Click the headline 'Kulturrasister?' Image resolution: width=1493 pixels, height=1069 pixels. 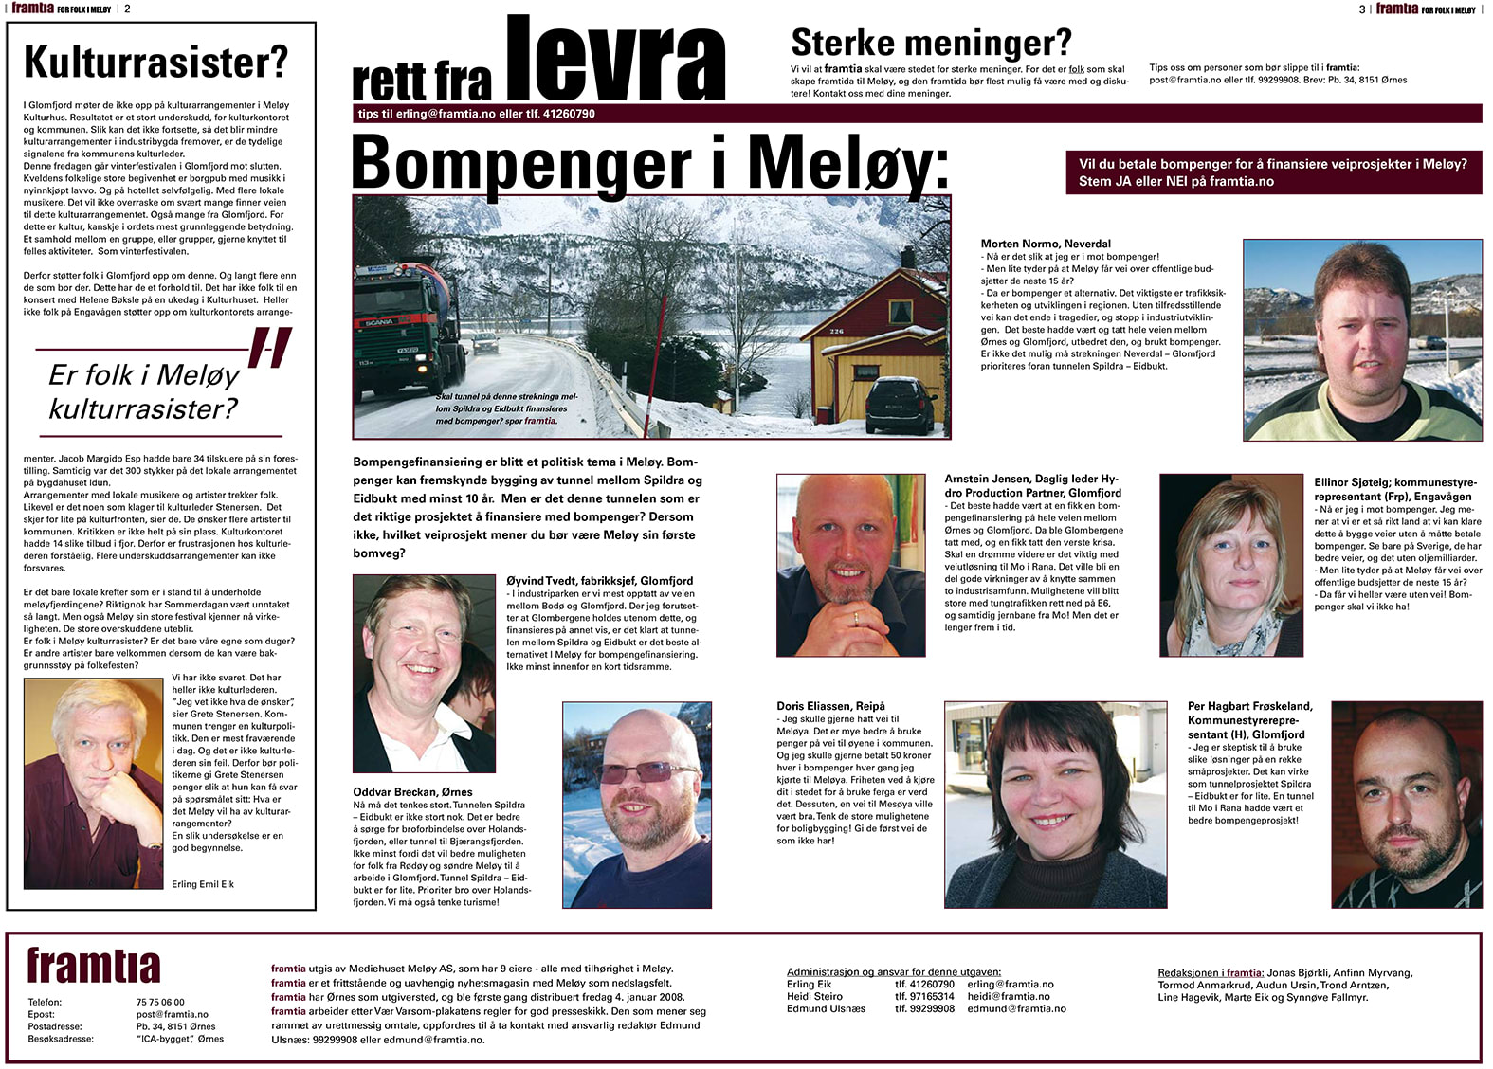pos(155,63)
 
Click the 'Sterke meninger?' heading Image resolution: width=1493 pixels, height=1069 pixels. pos(931,43)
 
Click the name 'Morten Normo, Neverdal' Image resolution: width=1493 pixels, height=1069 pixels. pos(1046,244)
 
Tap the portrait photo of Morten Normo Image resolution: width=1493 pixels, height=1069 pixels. pos(1362,340)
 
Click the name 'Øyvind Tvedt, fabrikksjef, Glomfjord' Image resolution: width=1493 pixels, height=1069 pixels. pos(599,581)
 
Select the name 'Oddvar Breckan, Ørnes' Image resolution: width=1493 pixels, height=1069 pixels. pos(412,792)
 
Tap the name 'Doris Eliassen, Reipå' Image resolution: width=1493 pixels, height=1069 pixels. pos(830,706)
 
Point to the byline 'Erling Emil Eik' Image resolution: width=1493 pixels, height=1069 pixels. pos(203,884)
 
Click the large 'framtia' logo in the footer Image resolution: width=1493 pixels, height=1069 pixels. pos(94,967)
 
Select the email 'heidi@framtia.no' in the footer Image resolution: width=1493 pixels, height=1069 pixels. pos(1009,996)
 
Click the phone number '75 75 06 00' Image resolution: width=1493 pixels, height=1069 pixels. pos(160,1002)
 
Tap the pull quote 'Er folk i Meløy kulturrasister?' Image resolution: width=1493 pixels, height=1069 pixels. pos(144,391)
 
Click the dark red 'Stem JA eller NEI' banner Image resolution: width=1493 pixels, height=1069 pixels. pos(1273,172)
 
